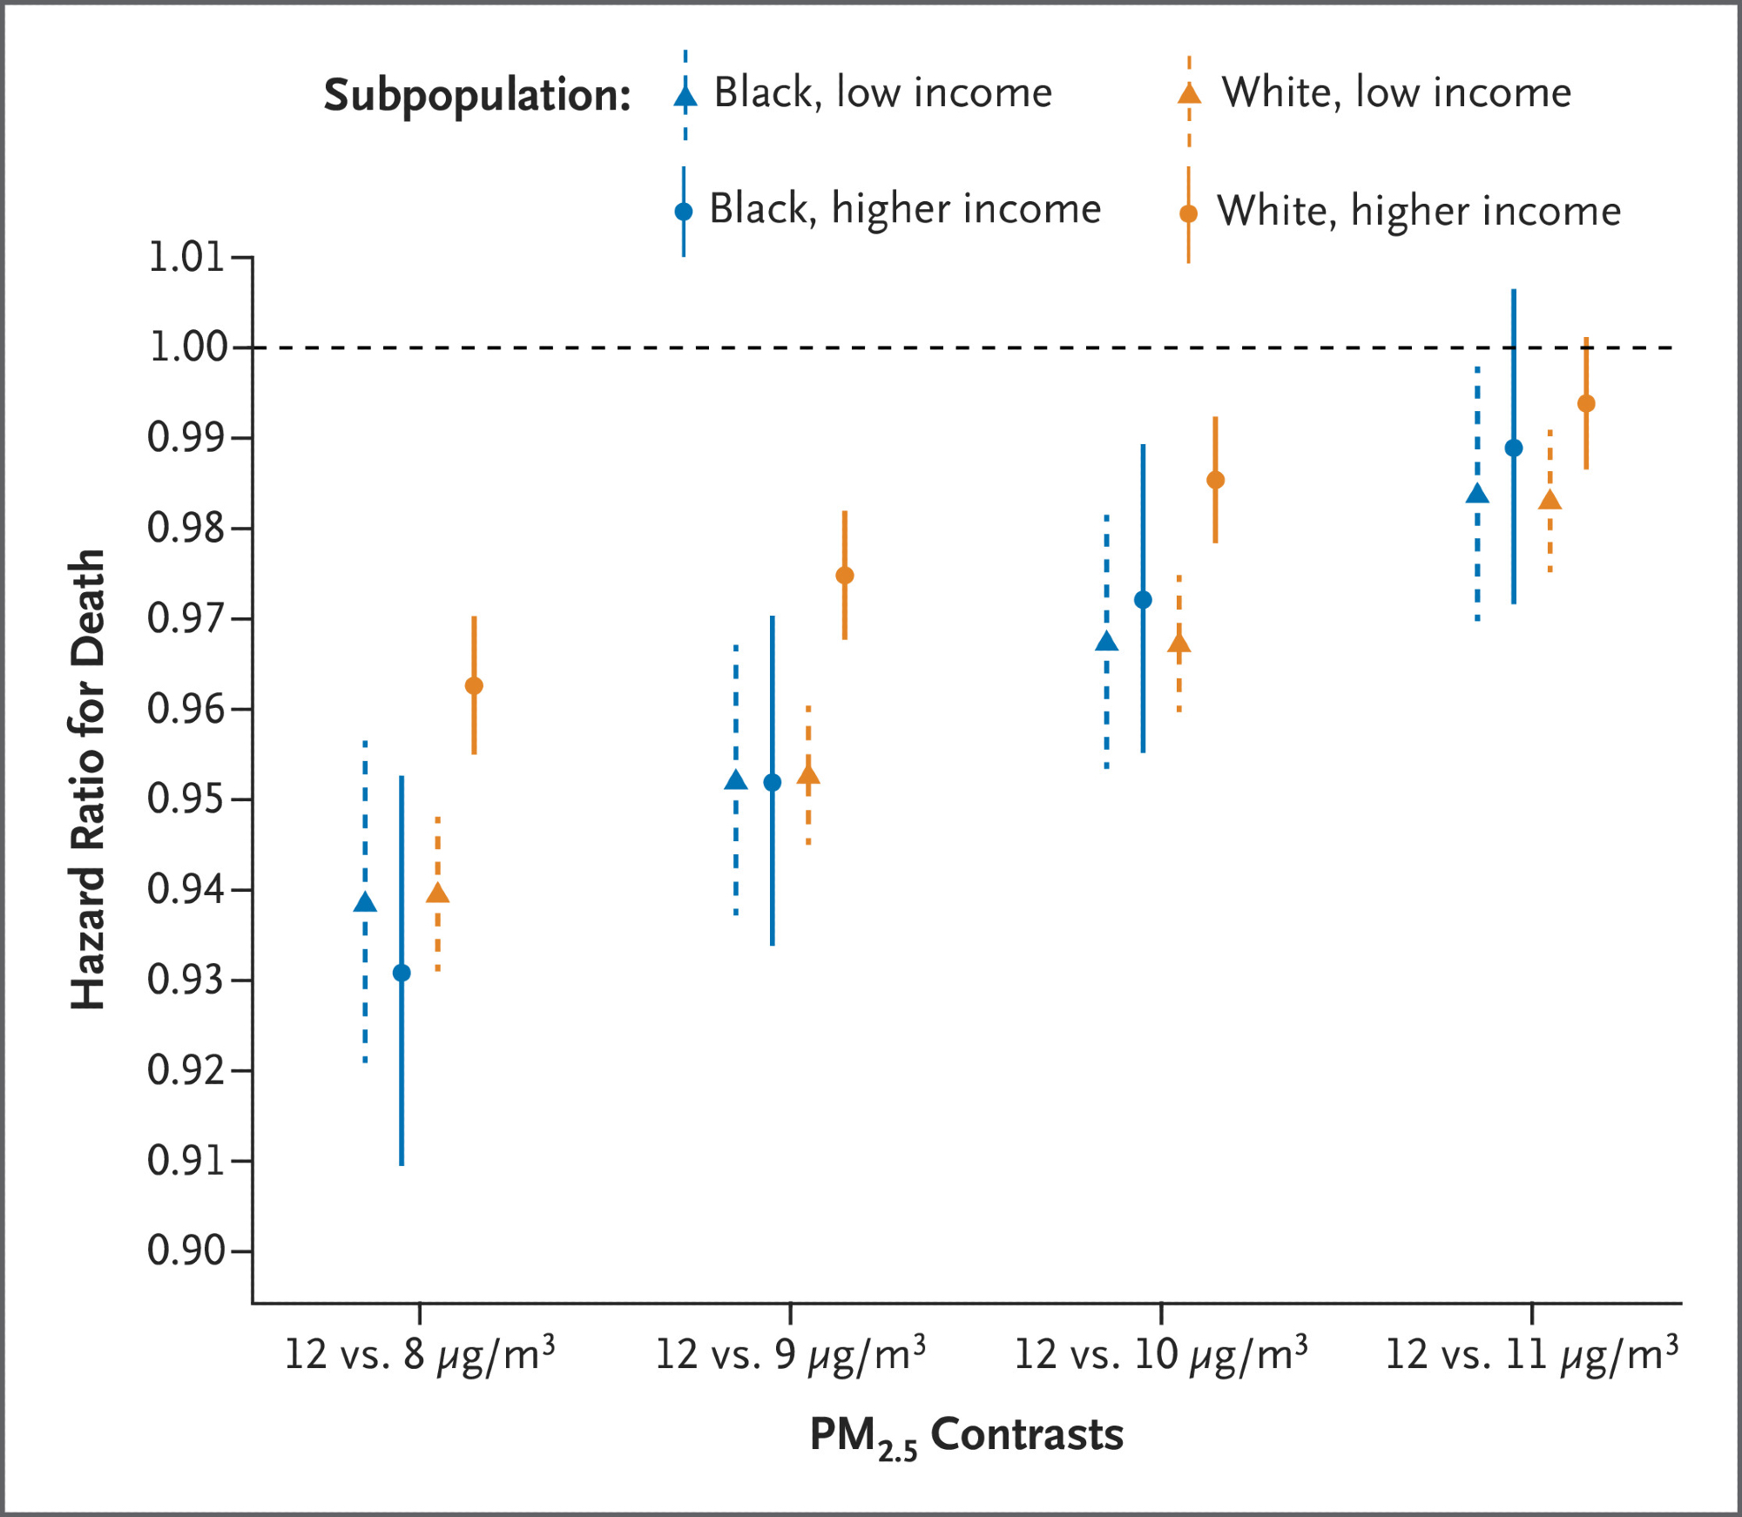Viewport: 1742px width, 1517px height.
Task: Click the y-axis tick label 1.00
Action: (x=188, y=347)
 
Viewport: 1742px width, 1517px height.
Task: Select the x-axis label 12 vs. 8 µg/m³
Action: (x=420, y=1355)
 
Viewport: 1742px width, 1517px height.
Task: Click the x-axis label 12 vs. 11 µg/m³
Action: (x=1531, y=1355)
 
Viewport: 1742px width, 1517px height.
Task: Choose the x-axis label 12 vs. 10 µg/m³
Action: (x=1161, y=1355)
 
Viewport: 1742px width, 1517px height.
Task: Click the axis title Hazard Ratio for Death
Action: (x=88, y=779)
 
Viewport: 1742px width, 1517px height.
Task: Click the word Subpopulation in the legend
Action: (x=476, y=95)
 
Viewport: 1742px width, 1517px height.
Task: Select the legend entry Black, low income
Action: (x=882, y=92)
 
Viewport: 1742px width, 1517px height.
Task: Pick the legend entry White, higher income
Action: (x=1419, y=211)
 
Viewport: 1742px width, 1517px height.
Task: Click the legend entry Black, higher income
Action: (x=905, y=209)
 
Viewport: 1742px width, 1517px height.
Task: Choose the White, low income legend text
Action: (x=1396, y=92)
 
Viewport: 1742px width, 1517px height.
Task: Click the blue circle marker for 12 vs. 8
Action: (x=402, y=973)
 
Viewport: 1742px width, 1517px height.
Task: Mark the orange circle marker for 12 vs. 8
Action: (x=474, y=685)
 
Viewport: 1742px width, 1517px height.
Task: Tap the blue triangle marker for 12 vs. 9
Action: (x=736, y=780)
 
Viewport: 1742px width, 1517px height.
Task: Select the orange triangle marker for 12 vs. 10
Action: (x=1179, y=644)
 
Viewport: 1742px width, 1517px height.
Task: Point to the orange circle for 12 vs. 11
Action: (x=1586, y=404)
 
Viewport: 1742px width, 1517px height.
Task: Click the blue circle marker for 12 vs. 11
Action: (x=1514, y=448)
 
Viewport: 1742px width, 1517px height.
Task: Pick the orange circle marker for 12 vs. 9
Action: (x=845, y=576)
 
